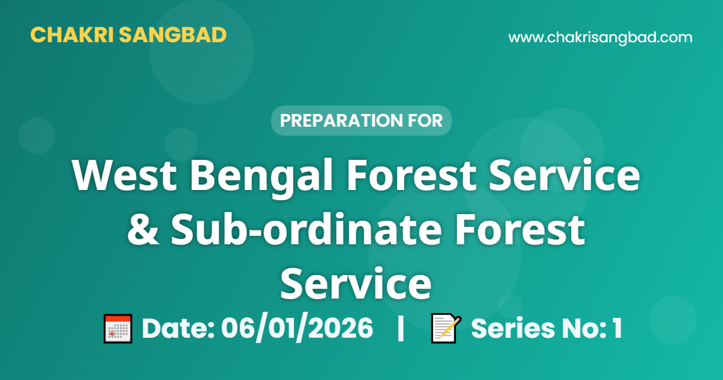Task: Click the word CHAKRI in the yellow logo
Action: point(72,35)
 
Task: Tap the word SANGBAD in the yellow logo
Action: point(173,35)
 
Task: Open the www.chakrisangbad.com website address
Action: point(600,37)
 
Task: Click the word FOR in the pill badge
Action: point(425,121)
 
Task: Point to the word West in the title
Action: point(124,176)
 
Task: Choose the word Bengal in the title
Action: point(261,179)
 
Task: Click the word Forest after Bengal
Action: point(411,176)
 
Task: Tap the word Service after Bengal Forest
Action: point(564,176)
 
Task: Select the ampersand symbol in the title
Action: point(143,230)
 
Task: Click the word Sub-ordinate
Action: point(306,229)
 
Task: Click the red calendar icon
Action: point(118,329)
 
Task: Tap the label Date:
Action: point(178,328)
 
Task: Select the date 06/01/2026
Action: point(297,328)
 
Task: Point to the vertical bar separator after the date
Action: point(401,328)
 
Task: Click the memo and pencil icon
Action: point(446,328)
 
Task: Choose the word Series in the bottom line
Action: point(513,328)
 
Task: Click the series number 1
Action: point(618,328)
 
